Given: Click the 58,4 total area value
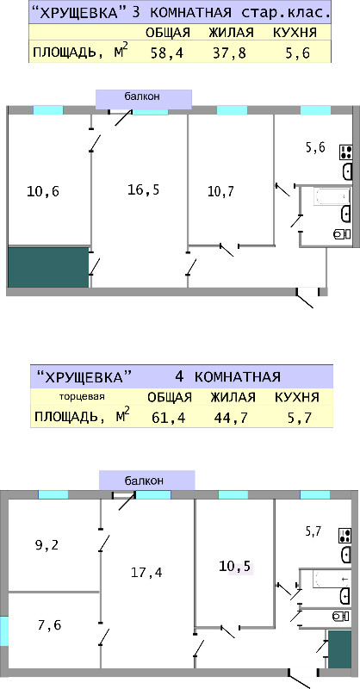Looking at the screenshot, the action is tap(166, 53).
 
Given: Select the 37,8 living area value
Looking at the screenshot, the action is tap(230, 53).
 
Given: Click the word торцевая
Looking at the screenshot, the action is tap(82, 397).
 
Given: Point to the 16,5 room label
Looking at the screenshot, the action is tap(143, 189).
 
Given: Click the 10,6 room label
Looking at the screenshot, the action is tap(43, 191).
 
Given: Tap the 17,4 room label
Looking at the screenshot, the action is tap(146, 572).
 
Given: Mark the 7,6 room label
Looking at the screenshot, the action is tap(50, 624).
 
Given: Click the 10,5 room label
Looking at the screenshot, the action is tap(235, 567).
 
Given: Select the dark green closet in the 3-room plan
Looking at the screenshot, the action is tap(48, 267).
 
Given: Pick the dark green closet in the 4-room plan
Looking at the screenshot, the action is tap(340, 649).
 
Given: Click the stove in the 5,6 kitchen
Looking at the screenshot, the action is tap(345, 152).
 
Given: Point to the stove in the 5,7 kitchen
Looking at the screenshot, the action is tap(345, 536).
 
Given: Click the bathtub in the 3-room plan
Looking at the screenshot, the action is tap(332, 196).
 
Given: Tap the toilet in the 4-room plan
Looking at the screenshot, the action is tap(342, 616).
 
